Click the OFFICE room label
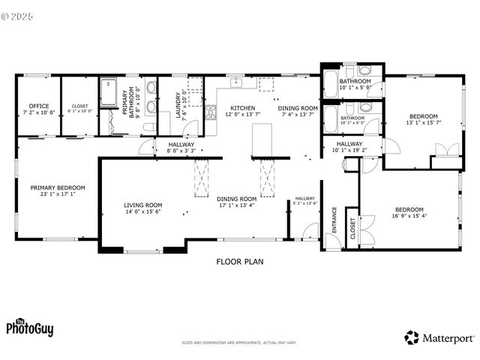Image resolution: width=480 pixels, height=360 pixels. (x=39, y=106)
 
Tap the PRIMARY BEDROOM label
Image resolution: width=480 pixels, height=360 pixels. (x=58, y=187)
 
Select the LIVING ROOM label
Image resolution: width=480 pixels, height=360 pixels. (x=143, y=205)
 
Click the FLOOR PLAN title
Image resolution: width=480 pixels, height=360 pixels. (x=240, y=262)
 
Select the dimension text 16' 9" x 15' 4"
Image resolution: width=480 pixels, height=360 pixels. (x=409, y=216)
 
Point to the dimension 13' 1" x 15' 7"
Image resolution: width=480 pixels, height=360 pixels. (x=424, y=123)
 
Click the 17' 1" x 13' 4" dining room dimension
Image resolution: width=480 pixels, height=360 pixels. (x=237, y=205)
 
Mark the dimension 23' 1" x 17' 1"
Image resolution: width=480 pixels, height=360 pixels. (x=58, y=193)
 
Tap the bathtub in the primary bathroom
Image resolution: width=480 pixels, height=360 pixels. (x=109, y=94)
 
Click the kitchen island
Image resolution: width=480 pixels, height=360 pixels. (x=260, y=138)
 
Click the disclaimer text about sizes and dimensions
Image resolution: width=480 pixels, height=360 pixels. (x=239, y=343)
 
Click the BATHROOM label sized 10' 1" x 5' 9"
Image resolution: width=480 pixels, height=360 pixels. (x=355, y=81)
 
